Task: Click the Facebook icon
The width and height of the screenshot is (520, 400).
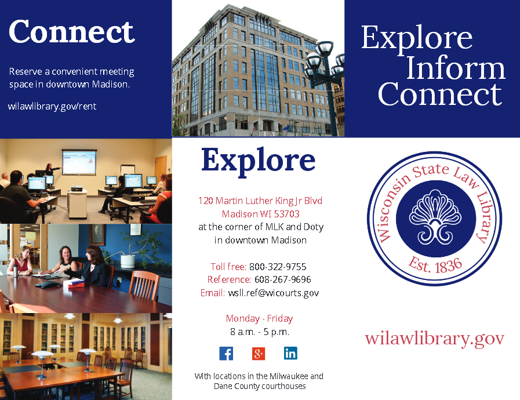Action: pyautogui.click(x=226, y=353)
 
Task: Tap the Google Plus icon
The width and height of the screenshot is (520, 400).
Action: pyautogui.click(x=259, y=353)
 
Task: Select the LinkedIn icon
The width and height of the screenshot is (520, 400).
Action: pyautogui.click(x=290, y=353)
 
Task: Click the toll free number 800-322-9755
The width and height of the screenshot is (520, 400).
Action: pyautogui.click(x=278, y=267)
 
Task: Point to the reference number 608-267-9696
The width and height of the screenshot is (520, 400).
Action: pyautogui.click(x=282, y=279)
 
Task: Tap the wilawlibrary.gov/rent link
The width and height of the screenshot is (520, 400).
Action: pyautogui.click(x=52, y=106)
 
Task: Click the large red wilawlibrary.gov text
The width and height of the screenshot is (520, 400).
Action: pyautogui.click(x=434, y=338)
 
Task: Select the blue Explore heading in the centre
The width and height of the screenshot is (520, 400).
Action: pyautogui.click(x=258, y=160)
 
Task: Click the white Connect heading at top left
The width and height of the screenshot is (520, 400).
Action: pyautogui.click(x=72, y=31)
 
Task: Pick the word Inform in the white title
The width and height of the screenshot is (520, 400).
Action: pyautogui.click(x=455, y=68)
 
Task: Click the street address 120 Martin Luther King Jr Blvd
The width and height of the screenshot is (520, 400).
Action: pyautogui.click(x=260, y=201)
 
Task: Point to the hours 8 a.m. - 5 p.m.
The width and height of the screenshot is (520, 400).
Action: pyautogui.click(x=260, y=332)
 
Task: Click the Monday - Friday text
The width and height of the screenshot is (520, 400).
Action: pyautogui.click(x=259, y=318)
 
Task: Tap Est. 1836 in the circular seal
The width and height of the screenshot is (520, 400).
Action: pyautogui.click(x=435, y=266)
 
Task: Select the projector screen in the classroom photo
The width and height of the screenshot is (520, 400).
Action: pyautogui.click(x=79, y=162)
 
